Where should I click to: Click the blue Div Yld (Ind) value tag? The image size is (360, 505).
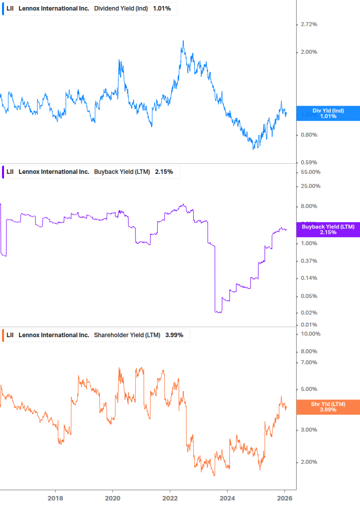pos(328,114)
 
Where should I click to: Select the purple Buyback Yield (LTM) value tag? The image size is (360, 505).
pos(328,230)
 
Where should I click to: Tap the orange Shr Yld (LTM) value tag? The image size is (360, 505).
pos(328,407)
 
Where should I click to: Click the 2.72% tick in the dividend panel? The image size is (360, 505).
pos(309,24)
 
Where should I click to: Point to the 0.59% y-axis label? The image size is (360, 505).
pos(309,162)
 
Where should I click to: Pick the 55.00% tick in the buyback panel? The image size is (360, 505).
pos(310,172)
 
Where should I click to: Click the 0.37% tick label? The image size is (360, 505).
pos(309,261)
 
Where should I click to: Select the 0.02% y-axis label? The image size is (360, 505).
pos(309,313)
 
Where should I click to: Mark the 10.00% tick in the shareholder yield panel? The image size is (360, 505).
pos(310,334)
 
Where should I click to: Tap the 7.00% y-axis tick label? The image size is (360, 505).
pos(309,362)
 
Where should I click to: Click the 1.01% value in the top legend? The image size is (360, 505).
pos(161,8)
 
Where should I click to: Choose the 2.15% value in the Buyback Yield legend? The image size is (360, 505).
pos(164,172)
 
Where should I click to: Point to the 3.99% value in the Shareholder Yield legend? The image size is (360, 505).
pos(174,335)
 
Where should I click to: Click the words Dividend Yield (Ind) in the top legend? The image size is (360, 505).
pos(121,8)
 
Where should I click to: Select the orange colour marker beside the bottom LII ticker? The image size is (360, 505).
pos(4,335)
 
